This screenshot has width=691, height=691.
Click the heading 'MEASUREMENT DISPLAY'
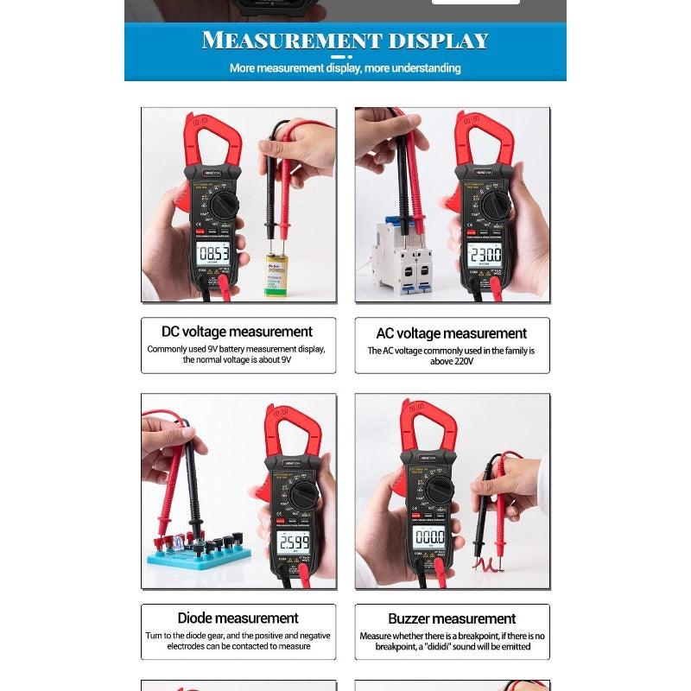click(345, 40)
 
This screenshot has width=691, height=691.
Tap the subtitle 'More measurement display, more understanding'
click(345, 67)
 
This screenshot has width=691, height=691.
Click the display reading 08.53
click(212, 253)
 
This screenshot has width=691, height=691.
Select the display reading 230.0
click(484, 254)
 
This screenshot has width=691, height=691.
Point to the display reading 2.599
click(293, 542)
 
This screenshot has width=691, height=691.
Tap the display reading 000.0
click(428, 536)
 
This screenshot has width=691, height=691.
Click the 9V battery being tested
click(276, 273)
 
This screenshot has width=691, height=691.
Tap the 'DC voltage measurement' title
click(238, 332)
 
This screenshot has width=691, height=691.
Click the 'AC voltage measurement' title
click(452, 333)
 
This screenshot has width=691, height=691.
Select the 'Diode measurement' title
click(238, 618)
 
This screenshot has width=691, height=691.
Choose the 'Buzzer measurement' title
click(452, 618)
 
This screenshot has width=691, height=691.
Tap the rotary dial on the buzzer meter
click(439, 490)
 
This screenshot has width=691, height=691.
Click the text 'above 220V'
click(452, 362)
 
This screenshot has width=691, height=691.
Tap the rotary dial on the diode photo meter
click(304, 495)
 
